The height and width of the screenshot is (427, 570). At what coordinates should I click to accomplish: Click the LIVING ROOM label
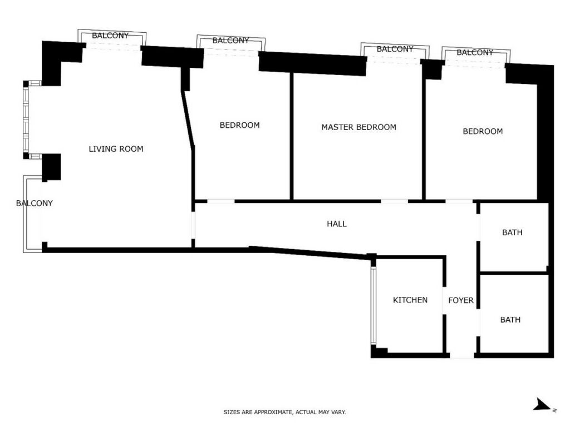(x=116, y=149)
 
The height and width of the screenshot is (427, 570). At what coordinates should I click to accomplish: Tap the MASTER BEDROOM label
(x=359, y=127)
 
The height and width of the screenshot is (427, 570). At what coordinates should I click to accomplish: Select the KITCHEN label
(x=410, y=300)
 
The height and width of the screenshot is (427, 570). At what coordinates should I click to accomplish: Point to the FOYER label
(x=461, y=300)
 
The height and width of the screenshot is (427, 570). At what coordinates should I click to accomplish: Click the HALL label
(x=337, y=224)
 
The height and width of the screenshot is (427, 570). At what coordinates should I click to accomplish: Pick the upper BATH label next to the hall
(x=512, y=232)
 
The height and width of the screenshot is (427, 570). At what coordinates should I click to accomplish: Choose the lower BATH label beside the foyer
(x=510, y=320)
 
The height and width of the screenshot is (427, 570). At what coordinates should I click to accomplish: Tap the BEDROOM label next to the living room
(x=240, y=125)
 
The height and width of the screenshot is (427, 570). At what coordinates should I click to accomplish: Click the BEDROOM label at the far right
(x=483, y=131)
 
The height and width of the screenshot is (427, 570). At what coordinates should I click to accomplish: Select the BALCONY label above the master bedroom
(x=395, y=49)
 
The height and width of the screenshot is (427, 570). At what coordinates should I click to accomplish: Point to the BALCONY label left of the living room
(x=35, y=203)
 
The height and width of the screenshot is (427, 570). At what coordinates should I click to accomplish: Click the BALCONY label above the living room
(x=110, y=36)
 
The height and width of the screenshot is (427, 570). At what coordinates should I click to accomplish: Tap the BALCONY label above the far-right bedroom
(x=475, y=53)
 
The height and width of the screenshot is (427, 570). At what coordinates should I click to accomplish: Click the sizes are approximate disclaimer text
(x=284, y=412)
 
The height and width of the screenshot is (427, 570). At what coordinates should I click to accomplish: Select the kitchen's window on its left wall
(x=373, y=305)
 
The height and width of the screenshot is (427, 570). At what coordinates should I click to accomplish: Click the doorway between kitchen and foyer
(x=444, y=300)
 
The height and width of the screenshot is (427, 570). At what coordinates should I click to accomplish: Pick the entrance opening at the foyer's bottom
(x=462, y=355)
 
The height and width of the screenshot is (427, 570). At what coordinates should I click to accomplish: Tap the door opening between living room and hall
(x=193, y=225)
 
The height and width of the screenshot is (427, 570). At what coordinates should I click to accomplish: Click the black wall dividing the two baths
(x=514, y=273)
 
